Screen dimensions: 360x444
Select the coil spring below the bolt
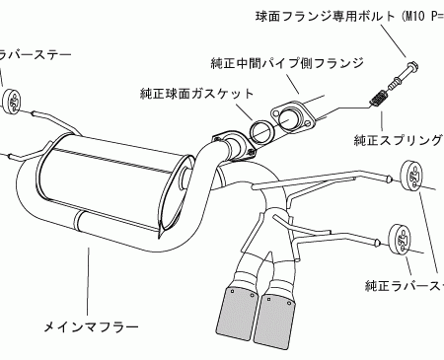(377, 99)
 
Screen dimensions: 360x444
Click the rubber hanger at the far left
(17, 103)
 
